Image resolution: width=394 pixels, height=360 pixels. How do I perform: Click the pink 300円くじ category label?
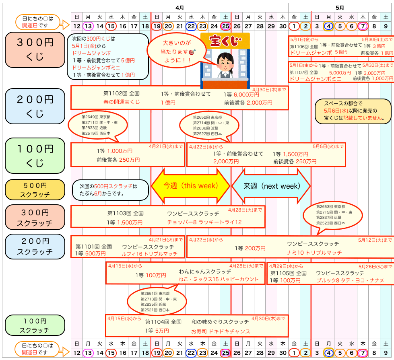click(35, 50)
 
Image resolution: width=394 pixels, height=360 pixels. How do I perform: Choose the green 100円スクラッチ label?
click(35, 325)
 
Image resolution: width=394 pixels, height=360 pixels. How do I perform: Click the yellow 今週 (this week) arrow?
click(190, 186)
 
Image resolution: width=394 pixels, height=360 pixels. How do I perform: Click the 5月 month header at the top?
click(340, 7)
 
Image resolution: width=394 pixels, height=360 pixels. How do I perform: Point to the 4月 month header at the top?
click(179, 7)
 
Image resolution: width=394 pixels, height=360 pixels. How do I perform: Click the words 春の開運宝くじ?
click(121, 102)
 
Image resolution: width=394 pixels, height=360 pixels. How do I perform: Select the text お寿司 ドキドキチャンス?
click(221, 331)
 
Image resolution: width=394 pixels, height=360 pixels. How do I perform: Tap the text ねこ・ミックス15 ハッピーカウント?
click(219, 279)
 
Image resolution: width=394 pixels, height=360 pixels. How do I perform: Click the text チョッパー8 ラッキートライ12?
click(204, 222)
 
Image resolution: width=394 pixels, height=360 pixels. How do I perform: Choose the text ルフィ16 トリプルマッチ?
click(149, 254)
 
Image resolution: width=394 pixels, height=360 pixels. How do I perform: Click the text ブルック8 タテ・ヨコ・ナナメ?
click(350, 280)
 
